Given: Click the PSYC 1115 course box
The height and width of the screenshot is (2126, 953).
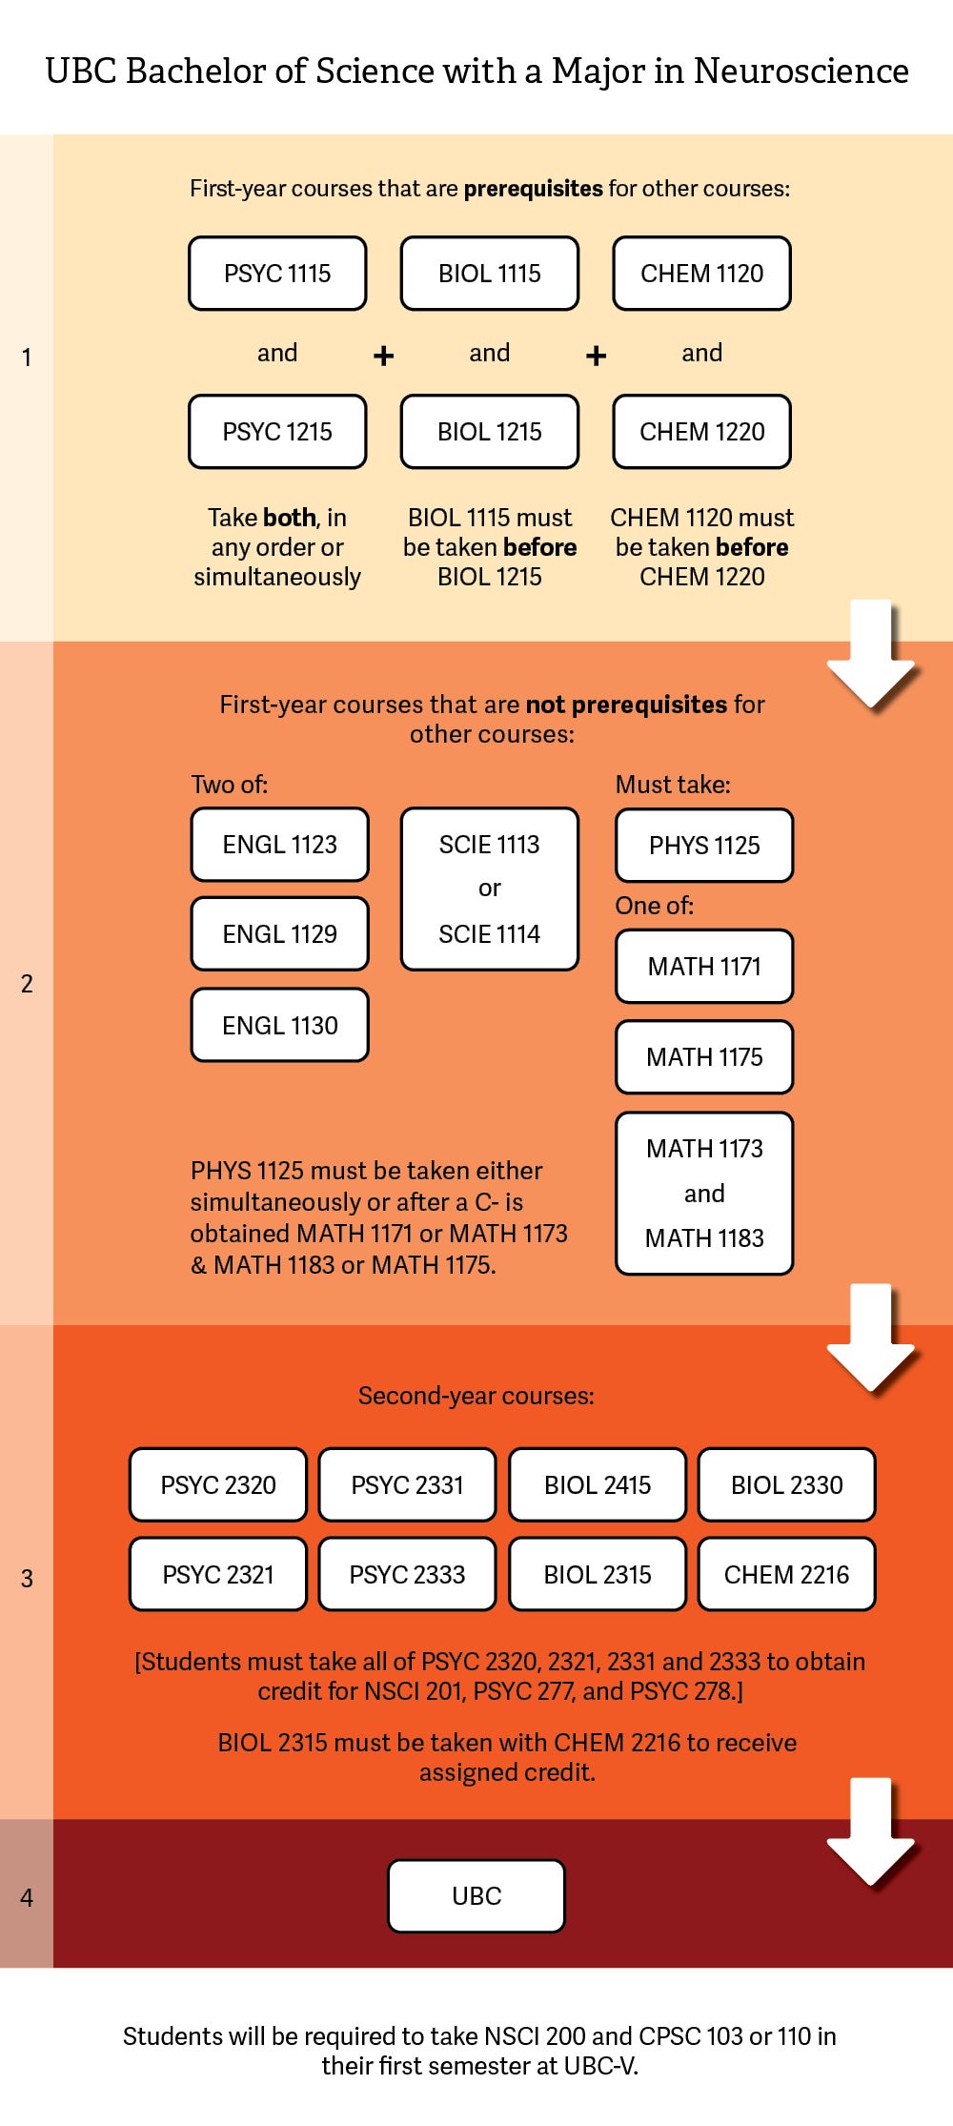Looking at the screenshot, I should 277,274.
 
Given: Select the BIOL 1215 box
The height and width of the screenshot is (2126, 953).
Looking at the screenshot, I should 489,432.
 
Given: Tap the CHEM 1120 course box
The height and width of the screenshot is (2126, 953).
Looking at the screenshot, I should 701,274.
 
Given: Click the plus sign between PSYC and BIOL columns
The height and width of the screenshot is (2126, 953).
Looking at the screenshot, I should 383,356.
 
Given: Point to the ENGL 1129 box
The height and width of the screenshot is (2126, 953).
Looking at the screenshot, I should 279,934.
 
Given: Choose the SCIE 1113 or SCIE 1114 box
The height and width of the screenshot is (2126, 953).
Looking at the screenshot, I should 489,889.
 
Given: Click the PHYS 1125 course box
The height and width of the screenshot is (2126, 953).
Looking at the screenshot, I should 704,846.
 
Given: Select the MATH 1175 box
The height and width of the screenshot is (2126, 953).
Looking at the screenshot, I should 704,1057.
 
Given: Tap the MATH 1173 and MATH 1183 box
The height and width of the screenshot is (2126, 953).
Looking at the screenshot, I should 704,1194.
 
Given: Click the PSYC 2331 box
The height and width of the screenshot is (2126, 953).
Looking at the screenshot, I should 407,1485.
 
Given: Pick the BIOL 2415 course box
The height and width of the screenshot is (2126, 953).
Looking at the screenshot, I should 598,1485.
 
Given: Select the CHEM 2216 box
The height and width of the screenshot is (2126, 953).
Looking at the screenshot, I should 786,1575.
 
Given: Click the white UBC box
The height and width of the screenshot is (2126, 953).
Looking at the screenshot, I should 476,1896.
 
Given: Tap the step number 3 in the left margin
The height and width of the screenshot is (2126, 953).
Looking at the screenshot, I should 27,1579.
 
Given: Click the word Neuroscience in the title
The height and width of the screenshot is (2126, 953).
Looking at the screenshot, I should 801,72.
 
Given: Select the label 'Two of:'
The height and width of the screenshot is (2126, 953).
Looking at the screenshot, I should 230,785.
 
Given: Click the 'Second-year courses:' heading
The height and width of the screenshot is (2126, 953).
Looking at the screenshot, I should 476,1396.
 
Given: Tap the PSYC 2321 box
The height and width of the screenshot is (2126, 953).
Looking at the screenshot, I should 218,1575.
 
